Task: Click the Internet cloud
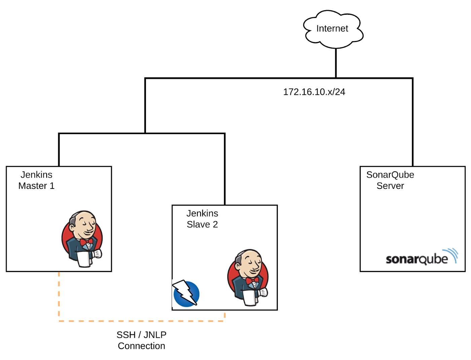332,28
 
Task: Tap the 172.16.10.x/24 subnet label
314,92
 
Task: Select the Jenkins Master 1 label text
36,180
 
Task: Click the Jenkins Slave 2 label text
202,219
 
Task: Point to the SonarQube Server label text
390,180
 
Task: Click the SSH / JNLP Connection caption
141,340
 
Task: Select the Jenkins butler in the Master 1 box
82,239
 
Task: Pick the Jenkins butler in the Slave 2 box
248,277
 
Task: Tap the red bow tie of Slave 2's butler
252,280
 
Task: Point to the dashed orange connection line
141,321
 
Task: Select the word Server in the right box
390,186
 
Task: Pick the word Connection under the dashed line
141,346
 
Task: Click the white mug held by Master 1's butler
83,259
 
